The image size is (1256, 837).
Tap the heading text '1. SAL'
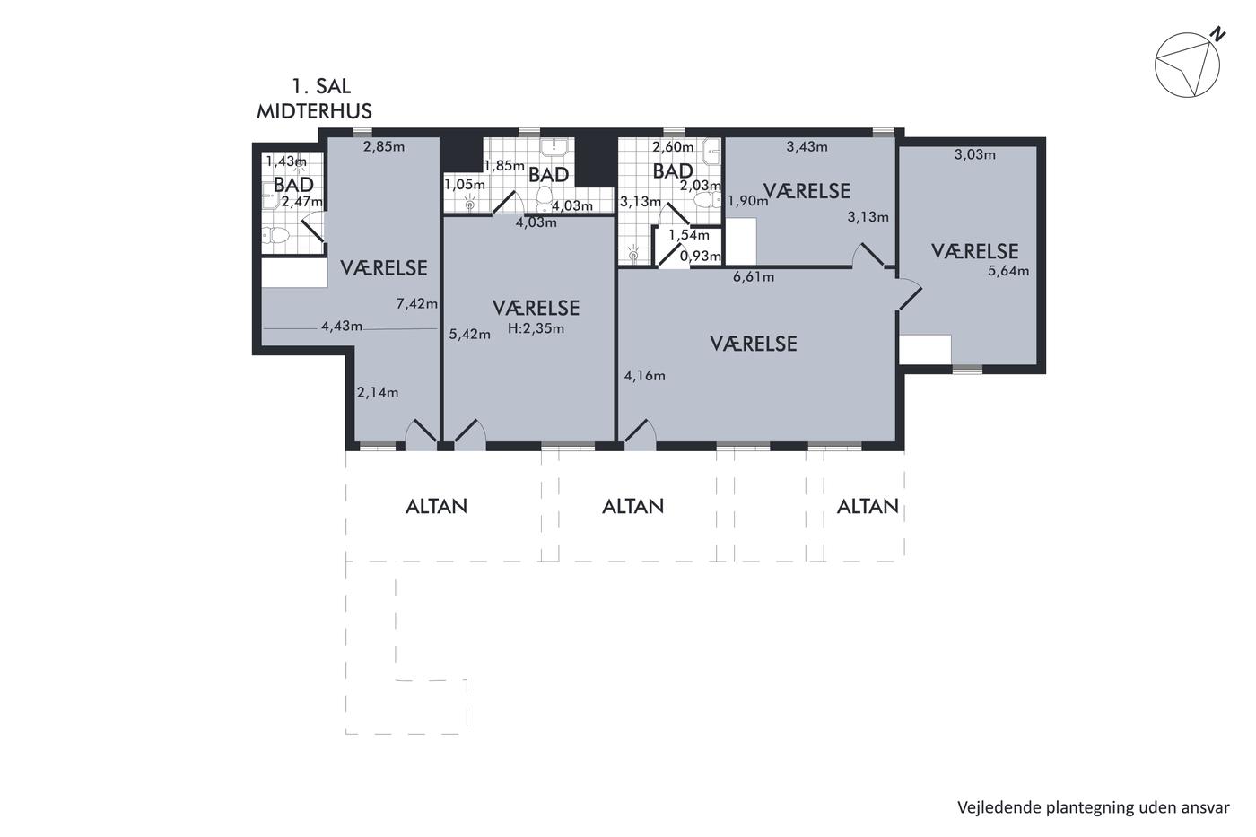321,86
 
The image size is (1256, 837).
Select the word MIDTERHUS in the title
314,111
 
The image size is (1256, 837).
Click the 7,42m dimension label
416,304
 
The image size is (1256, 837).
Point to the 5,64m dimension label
1008,271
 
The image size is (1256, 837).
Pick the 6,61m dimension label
754,276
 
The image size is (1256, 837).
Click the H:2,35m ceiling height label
536,328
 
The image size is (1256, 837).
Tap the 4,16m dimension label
645,376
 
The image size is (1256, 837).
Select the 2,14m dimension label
378,392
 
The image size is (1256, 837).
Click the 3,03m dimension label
975,154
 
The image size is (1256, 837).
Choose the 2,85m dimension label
384,147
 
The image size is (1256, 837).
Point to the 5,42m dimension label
470,335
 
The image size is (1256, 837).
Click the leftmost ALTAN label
436,507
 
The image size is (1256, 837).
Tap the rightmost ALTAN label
868,507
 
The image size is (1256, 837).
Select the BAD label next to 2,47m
293,185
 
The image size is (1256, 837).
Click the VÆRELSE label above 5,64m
974,251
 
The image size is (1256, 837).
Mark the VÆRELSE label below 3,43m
807,191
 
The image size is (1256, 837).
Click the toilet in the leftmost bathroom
275,235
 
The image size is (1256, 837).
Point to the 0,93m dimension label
701,257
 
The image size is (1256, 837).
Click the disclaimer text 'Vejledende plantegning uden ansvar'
1094,808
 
